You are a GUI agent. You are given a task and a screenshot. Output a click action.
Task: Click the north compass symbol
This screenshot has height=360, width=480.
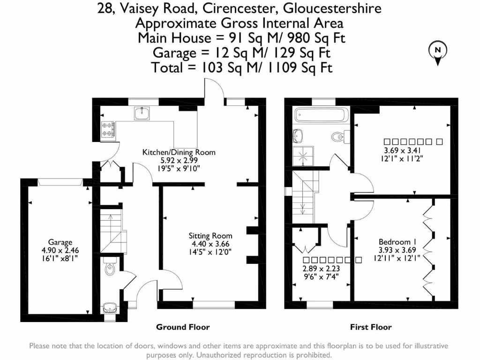point(438,52)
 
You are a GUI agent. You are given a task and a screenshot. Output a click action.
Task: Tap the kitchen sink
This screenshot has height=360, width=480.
point(141,113)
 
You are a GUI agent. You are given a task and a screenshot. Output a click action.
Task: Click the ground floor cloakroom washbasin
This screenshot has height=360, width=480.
point(110,307)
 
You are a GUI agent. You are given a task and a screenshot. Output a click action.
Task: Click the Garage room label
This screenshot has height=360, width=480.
point(60,242)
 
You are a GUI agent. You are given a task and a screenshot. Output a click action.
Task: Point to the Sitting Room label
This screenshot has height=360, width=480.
point(210,236)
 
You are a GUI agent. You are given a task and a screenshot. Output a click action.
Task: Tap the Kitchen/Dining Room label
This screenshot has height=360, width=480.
point(179,152)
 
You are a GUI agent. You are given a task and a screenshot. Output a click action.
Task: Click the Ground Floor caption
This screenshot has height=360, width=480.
point(183,327)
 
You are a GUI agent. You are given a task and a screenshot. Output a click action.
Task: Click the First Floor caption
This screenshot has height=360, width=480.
point(371,327)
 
